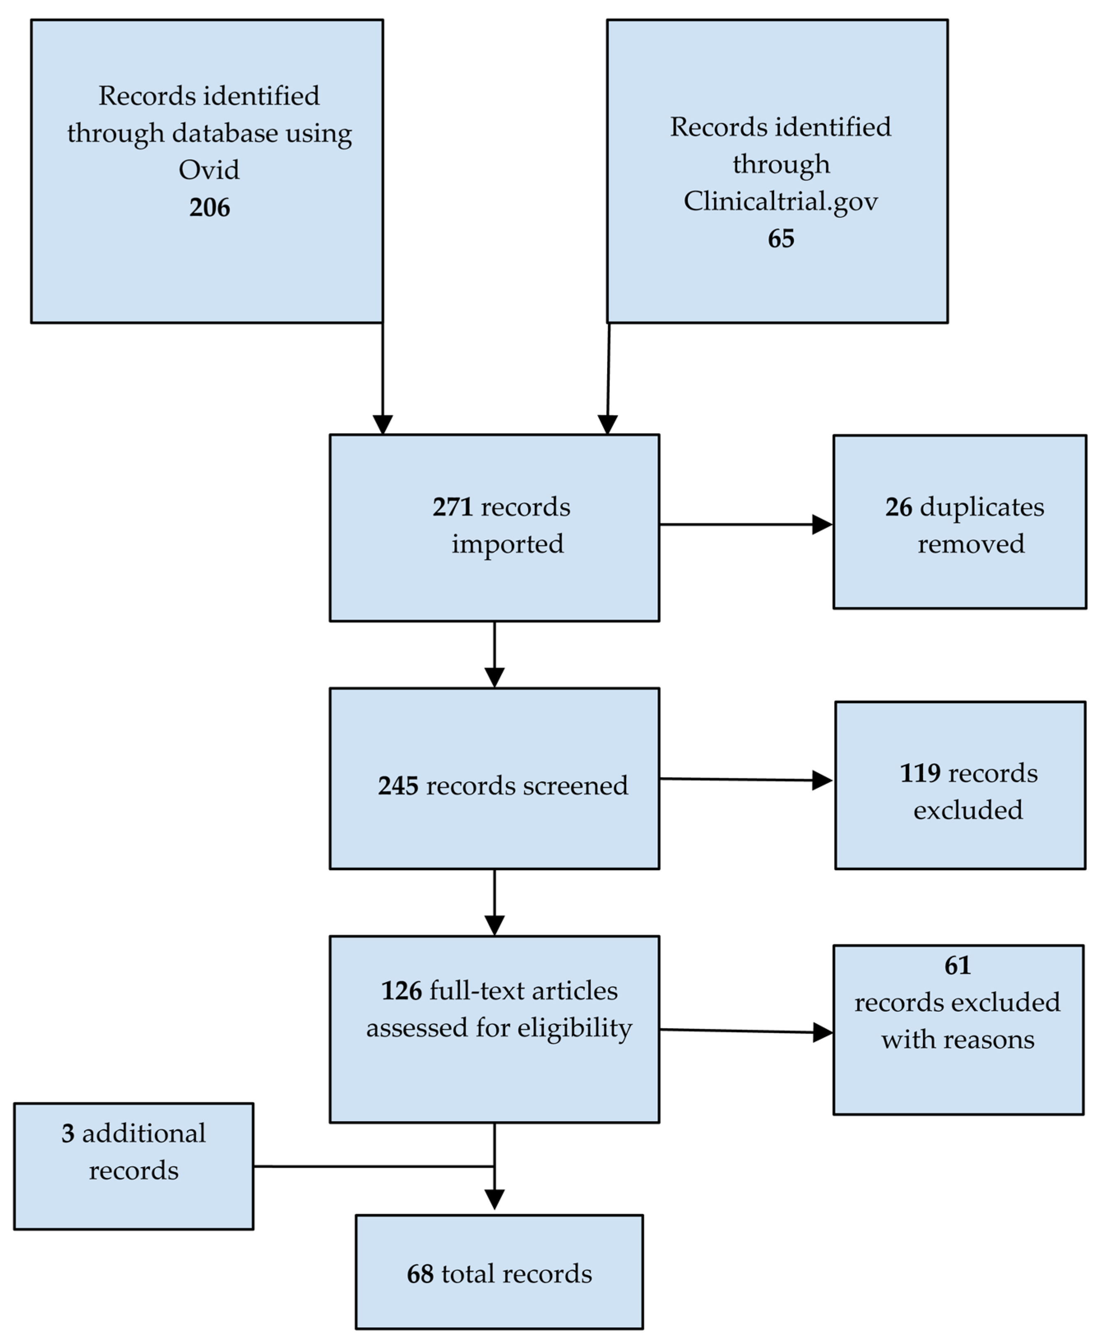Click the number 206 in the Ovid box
point(209,208)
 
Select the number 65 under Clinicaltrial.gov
point(780,239)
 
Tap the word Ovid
point(209,170)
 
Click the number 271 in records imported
point(452,507)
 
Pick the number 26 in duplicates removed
point(898,507)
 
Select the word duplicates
point(981,507)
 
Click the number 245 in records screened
point(398,786)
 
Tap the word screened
point(576,786)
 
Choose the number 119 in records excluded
point(920,773)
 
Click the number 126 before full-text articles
point(401,991)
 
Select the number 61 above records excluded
point(957,966)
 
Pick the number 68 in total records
point(420,1274)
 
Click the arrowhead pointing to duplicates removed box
point(822,525)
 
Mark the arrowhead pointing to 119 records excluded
point(822,780)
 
